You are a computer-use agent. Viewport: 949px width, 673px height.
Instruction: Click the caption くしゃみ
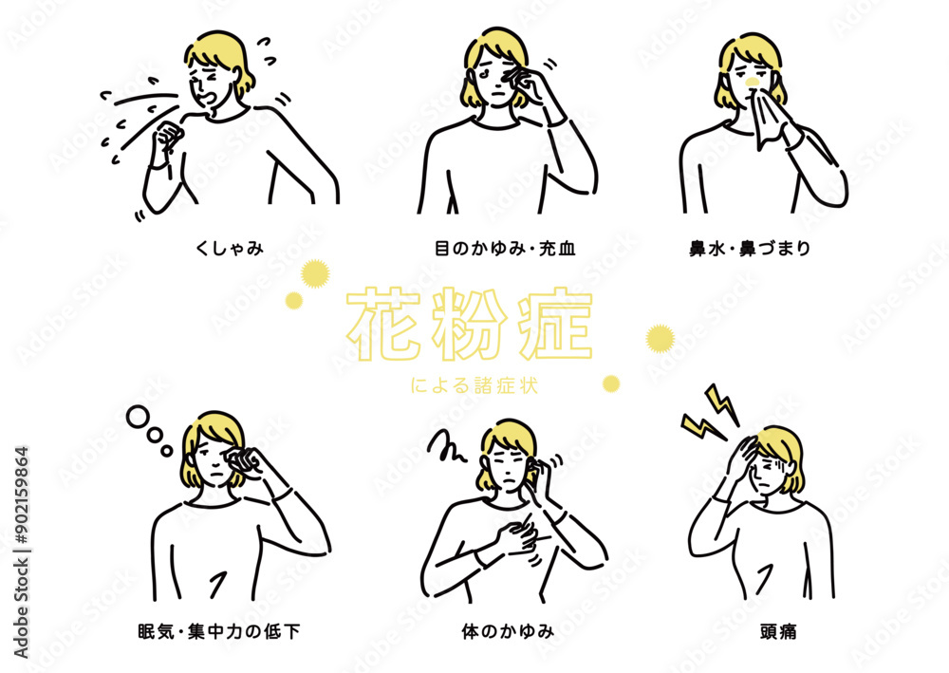229,250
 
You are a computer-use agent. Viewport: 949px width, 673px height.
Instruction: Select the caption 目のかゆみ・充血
504,250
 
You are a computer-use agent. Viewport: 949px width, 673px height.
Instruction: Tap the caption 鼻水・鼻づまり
763,250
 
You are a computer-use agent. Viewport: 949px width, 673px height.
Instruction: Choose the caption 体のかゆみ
504,629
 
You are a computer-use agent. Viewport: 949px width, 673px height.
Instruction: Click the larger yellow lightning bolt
722,402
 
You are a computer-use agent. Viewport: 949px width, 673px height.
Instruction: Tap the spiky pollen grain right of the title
660,337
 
